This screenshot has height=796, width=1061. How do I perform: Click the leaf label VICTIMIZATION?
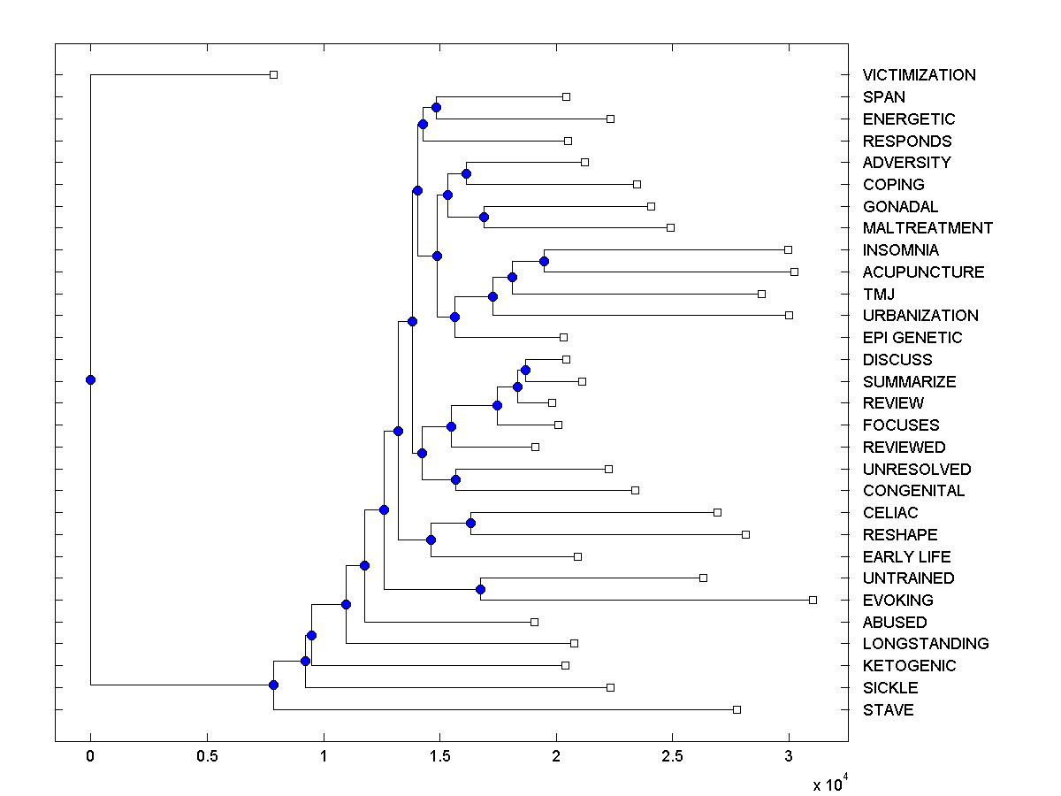(919, 75)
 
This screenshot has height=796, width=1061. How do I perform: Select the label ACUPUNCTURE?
(923, 272)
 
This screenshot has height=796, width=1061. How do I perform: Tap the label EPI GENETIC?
(912, 338)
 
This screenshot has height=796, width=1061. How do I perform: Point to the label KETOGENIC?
(909, 666)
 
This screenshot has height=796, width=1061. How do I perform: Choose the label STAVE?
(888, 710)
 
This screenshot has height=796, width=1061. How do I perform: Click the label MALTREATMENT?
(927, 228)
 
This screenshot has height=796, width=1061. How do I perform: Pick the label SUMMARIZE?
(909, 382)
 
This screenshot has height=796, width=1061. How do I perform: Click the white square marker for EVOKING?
(813, 600)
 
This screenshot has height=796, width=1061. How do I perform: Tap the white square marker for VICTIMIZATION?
(273, 74)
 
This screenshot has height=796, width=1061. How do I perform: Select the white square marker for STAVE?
(737, 709)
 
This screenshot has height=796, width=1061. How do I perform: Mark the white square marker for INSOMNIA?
(788, 249)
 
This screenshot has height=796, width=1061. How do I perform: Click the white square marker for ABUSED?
(534, 622)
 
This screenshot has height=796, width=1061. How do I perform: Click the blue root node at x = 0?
(90, 379)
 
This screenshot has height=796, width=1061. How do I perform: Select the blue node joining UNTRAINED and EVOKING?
(480, 589)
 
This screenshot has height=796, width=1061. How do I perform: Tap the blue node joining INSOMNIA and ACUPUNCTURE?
(544, 261)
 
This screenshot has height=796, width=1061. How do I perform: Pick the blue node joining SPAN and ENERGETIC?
(436, 107)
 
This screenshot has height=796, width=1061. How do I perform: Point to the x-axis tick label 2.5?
(672, 756)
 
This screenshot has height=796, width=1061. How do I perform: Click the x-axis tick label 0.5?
(207, 756)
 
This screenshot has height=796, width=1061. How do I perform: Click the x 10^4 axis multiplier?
(830, 784)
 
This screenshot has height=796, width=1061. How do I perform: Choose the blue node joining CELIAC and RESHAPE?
(470, 523)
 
